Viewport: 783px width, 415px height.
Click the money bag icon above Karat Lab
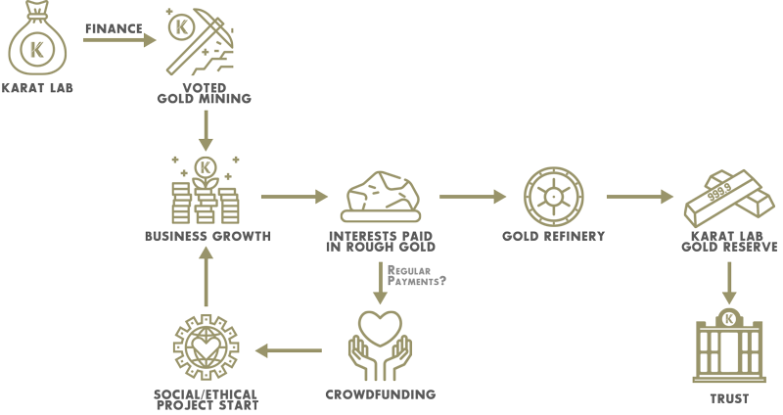(37, 38)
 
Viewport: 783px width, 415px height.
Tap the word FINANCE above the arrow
(114, 29)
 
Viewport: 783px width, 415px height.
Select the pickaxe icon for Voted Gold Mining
(201, 41)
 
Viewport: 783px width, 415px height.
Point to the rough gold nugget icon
(381, 197)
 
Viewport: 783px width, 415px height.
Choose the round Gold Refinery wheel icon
(553, 197)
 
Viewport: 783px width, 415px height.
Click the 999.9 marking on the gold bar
(719, 192)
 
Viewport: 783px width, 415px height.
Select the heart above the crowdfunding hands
(381, 328)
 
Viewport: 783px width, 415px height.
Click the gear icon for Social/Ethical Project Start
(207, 347)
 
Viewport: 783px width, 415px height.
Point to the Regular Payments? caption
(417, 276)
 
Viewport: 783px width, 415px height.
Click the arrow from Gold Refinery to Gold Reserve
(640, 197)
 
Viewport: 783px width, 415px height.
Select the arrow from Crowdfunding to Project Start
(289, 350)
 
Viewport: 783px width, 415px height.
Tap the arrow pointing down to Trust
(729, 283)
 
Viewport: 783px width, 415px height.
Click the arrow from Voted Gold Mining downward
(206, 131)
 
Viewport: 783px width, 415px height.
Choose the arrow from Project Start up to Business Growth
(206, 276)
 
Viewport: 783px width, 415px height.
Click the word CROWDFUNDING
(381, 394)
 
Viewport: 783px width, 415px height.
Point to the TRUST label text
(729, 399)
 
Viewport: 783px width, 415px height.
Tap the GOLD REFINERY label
(553, 236)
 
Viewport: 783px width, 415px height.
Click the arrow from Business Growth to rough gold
(295, 197)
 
